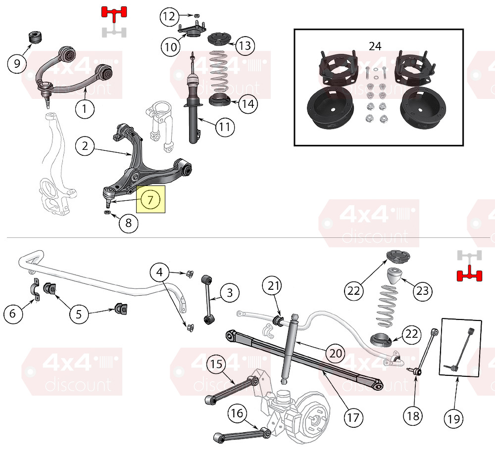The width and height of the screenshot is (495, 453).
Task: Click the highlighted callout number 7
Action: click(150, 199)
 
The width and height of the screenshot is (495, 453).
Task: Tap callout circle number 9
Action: click(17, 63)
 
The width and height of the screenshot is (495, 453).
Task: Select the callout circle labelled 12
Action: click(169, 16)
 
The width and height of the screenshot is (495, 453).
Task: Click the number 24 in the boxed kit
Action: click(375, 46)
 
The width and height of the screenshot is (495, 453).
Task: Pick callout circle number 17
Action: click(353, 418)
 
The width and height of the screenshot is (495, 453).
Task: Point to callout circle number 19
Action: click(453, 418)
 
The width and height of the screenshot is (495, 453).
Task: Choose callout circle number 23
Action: click(423, 290)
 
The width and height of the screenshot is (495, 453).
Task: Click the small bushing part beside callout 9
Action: click(35, 38)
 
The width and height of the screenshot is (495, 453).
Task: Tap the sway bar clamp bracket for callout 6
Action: click(35, 289)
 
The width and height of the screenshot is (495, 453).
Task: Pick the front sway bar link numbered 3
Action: click(207, 300)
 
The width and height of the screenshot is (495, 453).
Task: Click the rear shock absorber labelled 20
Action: click(289, 349)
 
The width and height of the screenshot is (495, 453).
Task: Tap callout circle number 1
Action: click(85, 108)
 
